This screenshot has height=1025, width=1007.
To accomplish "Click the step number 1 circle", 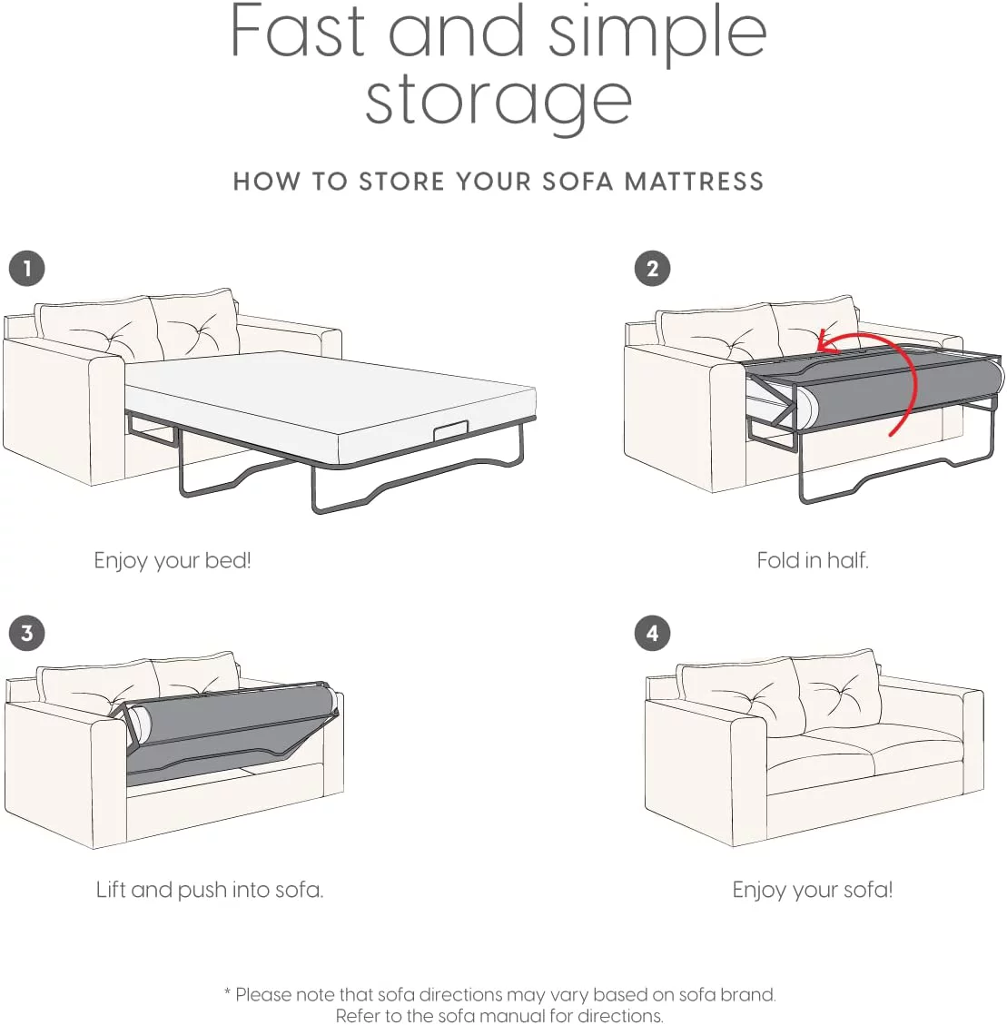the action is tap(27, 269).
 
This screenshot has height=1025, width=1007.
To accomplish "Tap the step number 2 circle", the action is tap(652, 269).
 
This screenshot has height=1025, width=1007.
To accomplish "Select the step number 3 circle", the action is tap(27, 633).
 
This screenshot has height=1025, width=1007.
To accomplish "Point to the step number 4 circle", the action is tap(652, 633).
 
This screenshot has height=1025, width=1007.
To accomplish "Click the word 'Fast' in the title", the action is tap(298, 31).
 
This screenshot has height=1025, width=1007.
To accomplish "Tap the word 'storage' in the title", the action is tap(499, 102).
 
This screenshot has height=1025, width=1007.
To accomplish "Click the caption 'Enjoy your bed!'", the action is tap(173, 561).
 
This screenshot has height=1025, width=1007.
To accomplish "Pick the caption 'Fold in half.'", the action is tap(813, 560).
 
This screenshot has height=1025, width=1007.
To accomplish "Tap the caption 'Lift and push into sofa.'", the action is tap(209, 890).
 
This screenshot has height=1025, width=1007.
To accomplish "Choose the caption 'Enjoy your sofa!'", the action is tap(812, 890).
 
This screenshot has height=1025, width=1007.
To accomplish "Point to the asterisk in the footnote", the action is tap(228, 992).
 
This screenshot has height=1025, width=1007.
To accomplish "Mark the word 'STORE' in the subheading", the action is tap(401, 181).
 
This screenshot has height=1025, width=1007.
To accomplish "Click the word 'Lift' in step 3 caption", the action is tap(111, 890).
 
